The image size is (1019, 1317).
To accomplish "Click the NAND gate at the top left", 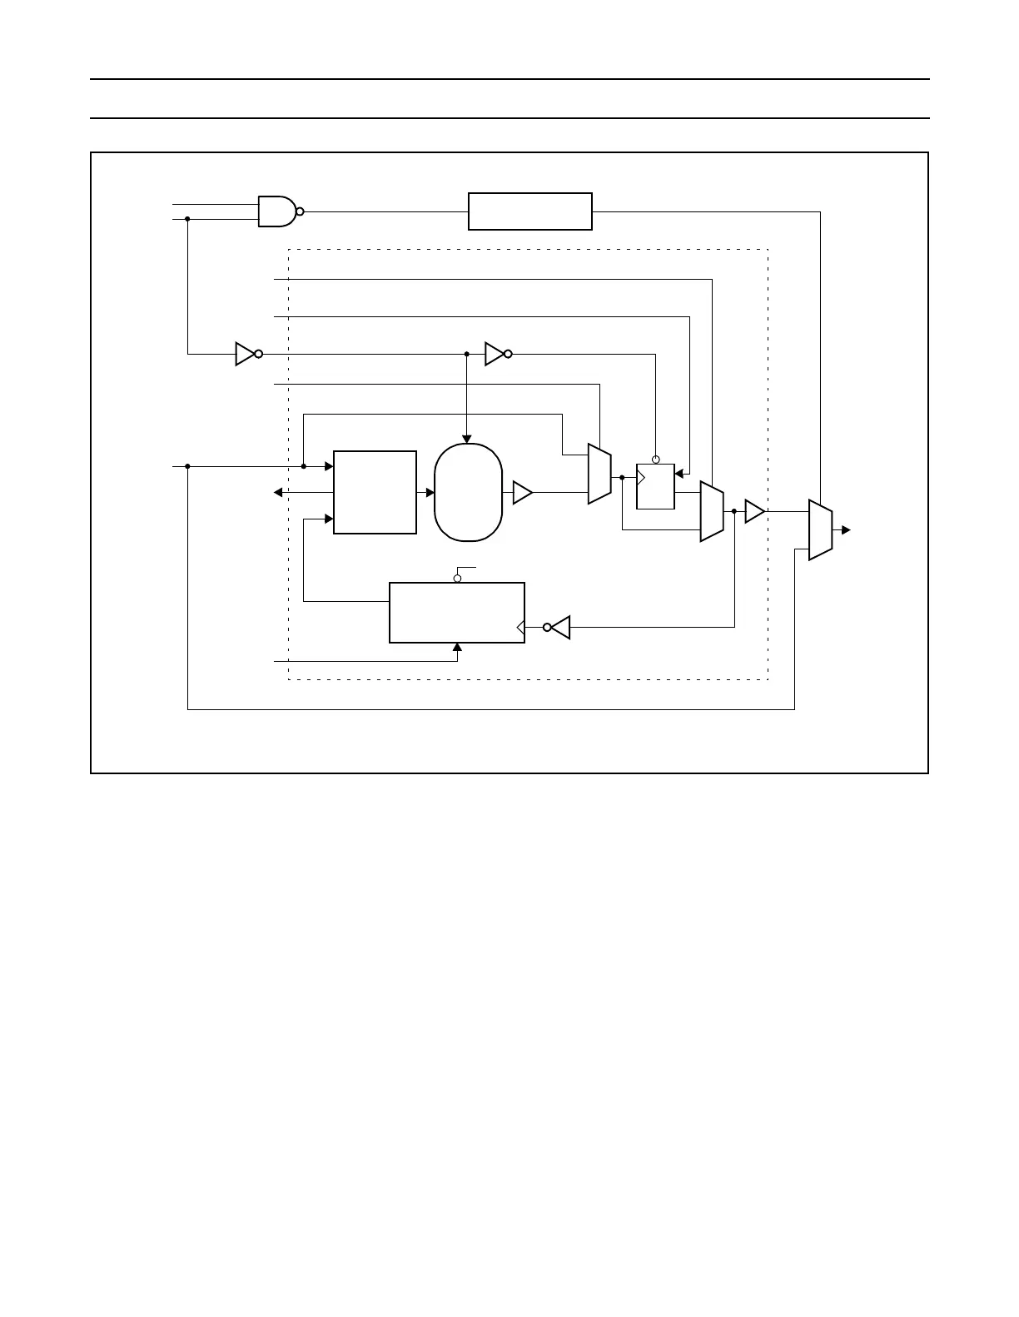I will click(276, 211).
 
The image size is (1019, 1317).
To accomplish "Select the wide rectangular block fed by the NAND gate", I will click(530, 211).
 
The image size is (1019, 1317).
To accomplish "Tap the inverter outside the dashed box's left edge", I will click(246, 354).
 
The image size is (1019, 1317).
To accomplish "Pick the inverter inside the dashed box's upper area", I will click(496, 354).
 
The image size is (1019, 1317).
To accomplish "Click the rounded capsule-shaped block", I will click(469, 493).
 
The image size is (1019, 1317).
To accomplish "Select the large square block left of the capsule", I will click(375, 492).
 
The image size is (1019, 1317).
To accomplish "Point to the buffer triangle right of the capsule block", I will click(522, 493).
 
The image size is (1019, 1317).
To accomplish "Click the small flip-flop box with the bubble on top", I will click(655, 486).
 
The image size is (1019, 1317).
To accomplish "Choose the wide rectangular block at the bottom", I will click(457, 613).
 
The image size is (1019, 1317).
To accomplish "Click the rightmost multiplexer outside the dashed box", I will click(820, 529).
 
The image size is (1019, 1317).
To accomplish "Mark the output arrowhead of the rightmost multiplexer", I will click(847, 529).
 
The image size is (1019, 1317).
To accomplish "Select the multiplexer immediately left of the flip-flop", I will click(599, 474).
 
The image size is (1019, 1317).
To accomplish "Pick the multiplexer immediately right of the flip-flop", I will click(712, 511).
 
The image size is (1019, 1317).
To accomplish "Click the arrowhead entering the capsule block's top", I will click(467, 439).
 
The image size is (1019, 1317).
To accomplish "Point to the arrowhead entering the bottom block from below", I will click(457, 648).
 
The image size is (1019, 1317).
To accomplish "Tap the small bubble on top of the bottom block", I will click(457, 578).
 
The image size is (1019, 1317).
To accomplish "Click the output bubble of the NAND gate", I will click(301, 211).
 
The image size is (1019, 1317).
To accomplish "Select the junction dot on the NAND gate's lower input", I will click(187, 219).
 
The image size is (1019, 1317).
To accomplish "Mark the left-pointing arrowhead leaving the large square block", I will click(278, 493).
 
